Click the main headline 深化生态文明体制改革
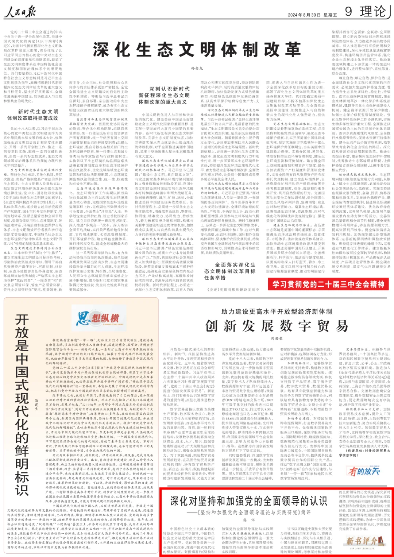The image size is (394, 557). [x=197, y=50]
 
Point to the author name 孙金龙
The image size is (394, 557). [x=197, y=68]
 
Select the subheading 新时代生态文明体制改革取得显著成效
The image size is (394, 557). [x=33, y=115]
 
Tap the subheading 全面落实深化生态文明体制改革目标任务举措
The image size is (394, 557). [x=229, y=271]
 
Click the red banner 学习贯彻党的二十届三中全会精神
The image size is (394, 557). [x=328, y=285]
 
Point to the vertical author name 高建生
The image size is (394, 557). [x=36, y=405]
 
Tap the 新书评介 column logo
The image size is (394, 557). [x=361, y=540]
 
